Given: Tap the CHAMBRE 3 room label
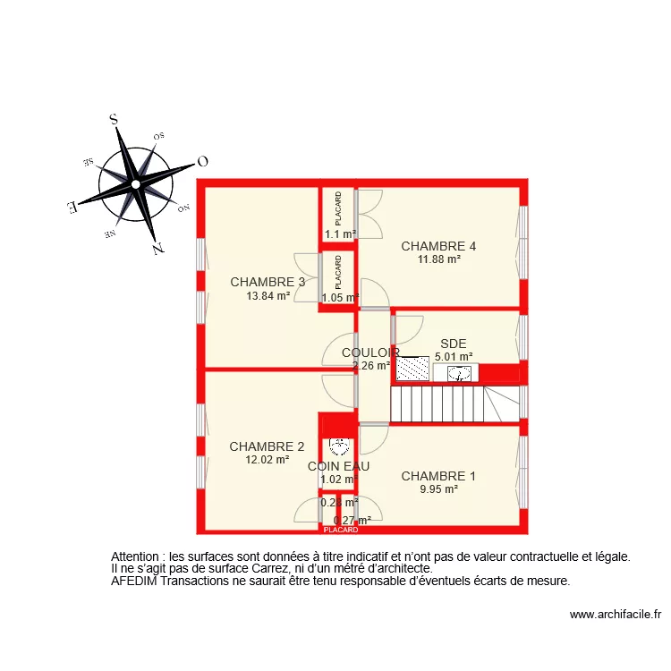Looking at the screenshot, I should (x=268, y=282).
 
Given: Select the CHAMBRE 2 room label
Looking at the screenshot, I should (x=267, y=446).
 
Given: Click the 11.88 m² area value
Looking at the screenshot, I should (x=438, y=259).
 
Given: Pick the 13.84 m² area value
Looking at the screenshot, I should (x=268, y=295).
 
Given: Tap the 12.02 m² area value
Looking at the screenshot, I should (x=267, y=460).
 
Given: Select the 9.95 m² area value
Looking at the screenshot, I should (x=438, y=489).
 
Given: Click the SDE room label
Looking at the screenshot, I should (x=453, y=344).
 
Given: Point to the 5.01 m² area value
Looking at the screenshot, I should (x=453, y=356).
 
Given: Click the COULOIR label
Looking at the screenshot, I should (x=370, y=352).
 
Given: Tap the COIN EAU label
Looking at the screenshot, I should (x=338, y=466).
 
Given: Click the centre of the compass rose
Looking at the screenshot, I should (x=135, y=184).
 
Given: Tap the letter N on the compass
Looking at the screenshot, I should (x=157, y=250).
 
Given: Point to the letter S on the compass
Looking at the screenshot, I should (x=114, y=118).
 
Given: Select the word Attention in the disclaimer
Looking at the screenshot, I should (x=138, y=556).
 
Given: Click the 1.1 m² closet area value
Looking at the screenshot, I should (x=339, y=234).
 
